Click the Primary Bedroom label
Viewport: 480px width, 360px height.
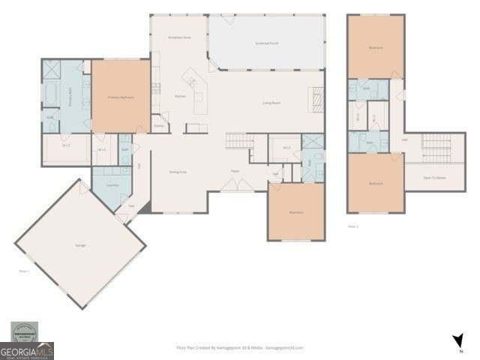[x=120, y=97]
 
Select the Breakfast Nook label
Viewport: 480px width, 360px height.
[x=180, y=37]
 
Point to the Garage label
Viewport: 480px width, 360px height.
[x=79, y=245]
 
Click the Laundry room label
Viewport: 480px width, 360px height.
[x=112, y=185]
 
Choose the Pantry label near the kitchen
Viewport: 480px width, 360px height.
[x=159, y=126]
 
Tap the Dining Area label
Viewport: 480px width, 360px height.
[x=178, y=172]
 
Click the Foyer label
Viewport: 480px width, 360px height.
[x=235, y=171]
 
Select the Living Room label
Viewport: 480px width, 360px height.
[x=271, y=103]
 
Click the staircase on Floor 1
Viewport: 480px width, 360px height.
[x=237, y=140]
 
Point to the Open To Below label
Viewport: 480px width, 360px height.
[x=434, y=178]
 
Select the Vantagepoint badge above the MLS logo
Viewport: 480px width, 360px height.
[x=27, y=331]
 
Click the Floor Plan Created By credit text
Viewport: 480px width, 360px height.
[x=239, y=348]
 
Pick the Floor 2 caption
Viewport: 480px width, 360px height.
[x=353, y=225]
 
